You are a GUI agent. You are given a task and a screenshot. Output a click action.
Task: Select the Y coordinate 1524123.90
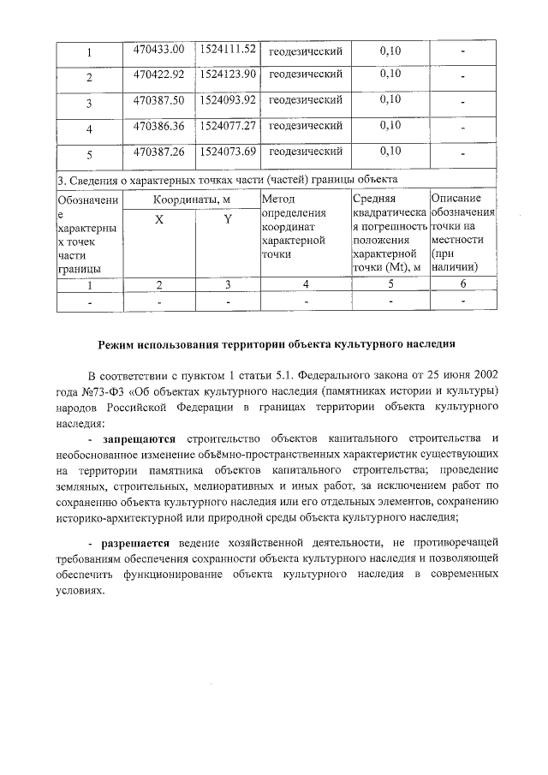coord(228,75)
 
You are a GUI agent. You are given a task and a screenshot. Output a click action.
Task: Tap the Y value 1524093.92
coord(228,100)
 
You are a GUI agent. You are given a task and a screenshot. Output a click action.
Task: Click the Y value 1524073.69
coord(228,152)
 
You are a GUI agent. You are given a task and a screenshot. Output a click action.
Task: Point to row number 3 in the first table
coord(89,104)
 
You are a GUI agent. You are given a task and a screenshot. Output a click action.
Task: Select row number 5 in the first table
coord(89,156)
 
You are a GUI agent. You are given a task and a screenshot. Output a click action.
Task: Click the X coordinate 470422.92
coord(159,75)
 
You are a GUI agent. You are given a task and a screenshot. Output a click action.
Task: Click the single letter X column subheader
coord(158,220)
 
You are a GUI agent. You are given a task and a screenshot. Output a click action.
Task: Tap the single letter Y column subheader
coord(228,220)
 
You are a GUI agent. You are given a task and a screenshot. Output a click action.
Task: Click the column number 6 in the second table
coord(462,284)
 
